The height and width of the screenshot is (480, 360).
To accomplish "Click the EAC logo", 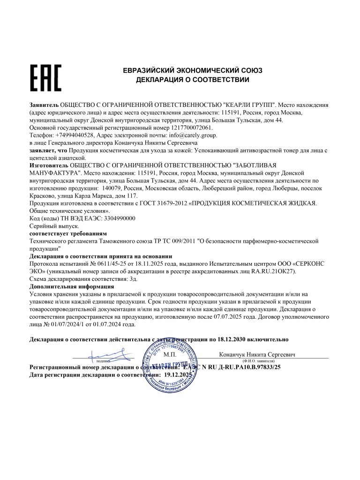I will [x=46, y=78].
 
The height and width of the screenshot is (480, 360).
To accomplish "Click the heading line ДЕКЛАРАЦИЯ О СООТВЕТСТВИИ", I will [x=192, y=80].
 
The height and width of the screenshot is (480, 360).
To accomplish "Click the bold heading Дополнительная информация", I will [x=71, y=286].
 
